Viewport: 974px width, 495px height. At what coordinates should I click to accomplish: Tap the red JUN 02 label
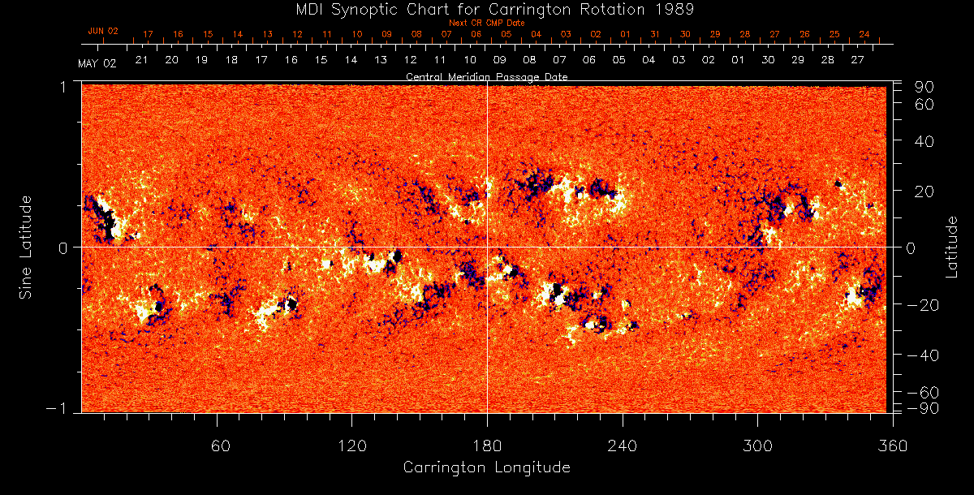103,31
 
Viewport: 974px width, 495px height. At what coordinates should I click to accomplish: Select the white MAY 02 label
97,63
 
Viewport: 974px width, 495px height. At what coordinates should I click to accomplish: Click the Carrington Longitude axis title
486,467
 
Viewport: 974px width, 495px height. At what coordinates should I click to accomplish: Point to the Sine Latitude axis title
26,247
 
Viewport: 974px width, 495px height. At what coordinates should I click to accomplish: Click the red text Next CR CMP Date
486,23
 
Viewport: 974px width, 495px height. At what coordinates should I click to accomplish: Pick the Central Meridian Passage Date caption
486,76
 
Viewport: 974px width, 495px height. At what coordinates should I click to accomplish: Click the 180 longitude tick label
486,445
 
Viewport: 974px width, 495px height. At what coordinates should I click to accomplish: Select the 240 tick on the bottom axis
622,445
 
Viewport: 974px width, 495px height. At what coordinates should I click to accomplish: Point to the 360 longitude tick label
892,445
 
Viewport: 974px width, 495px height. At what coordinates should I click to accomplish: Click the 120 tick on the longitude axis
351,445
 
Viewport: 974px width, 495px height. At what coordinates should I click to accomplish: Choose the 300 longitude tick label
756,445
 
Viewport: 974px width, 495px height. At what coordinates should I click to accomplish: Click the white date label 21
141,60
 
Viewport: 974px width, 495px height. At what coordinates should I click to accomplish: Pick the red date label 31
655,35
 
